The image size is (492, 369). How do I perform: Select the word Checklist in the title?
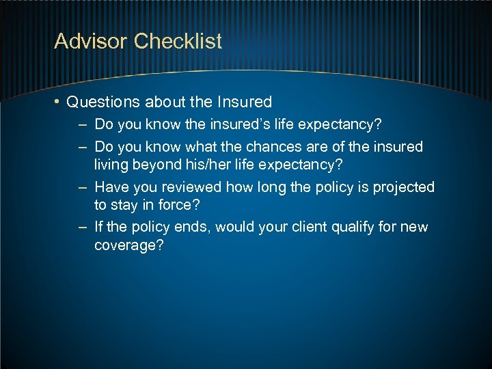click(178, 42)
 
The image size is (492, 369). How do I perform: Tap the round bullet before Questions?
click(58, 102)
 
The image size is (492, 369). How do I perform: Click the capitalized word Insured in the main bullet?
click(244, 102)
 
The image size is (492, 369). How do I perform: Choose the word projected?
click(403, 187)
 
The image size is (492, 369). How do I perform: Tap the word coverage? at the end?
click(129, 246)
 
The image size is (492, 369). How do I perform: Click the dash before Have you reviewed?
click(82, 187)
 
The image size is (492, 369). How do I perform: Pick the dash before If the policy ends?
click(82, 227)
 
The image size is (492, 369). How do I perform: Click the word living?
click(111, 165)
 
